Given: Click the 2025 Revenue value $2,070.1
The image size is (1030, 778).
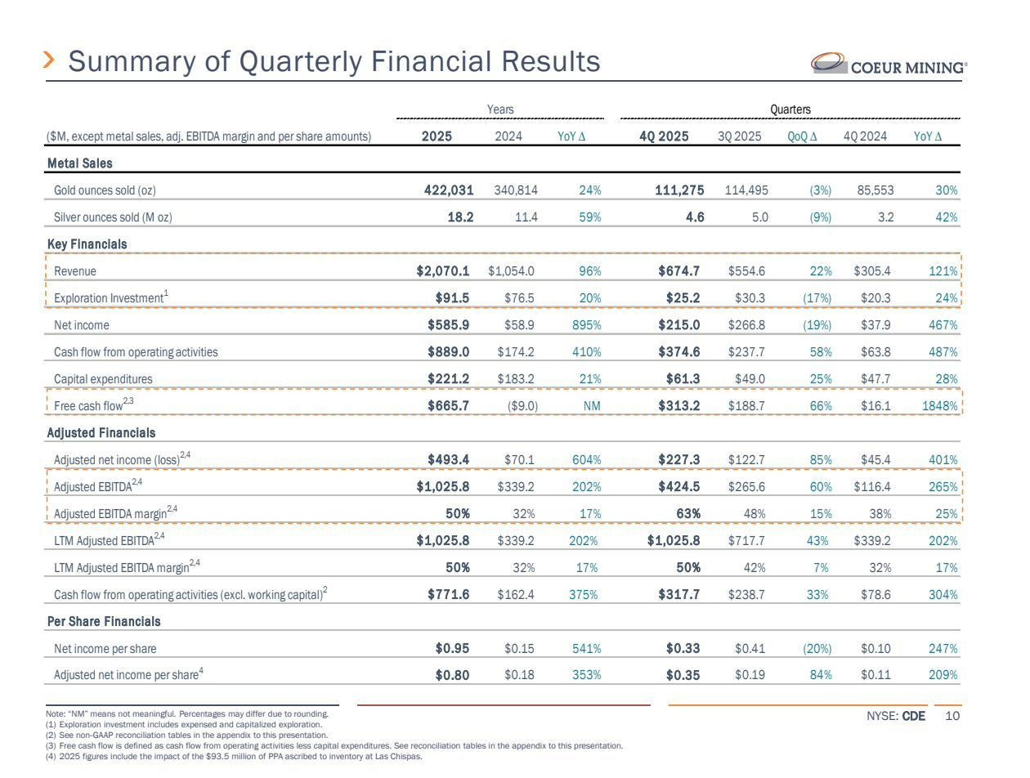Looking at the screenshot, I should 442,271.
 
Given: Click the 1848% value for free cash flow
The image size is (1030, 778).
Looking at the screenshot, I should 940,406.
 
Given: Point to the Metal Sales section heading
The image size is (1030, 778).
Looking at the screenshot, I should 79,163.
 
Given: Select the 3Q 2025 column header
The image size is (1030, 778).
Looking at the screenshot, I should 739,136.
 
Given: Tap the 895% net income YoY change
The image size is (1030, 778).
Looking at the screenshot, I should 584,325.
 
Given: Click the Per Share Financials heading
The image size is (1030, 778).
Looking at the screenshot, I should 103,622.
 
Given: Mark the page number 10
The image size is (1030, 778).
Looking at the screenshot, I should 952,717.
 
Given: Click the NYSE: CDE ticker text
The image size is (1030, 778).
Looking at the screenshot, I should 895,717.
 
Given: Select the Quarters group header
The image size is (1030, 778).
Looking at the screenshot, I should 790,110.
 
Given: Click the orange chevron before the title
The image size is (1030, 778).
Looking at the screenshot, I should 50,60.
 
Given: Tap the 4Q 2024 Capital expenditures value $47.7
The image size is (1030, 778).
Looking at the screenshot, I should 875,379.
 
